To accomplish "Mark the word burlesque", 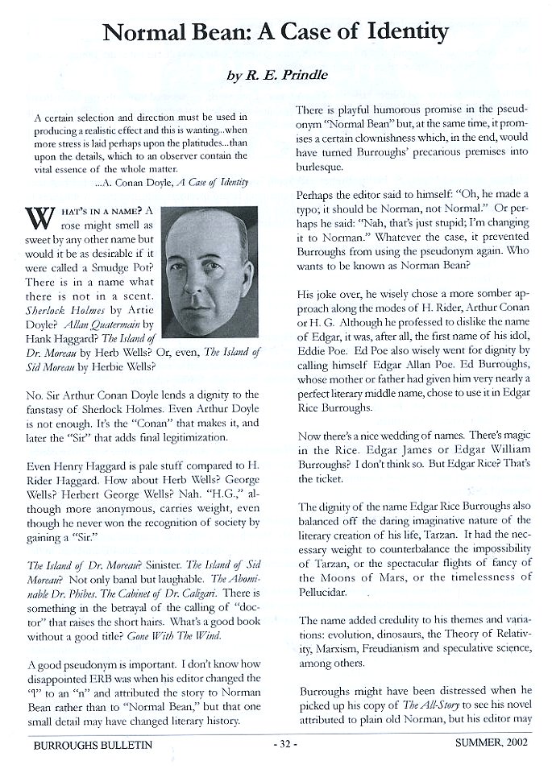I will (x=325, y=167).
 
